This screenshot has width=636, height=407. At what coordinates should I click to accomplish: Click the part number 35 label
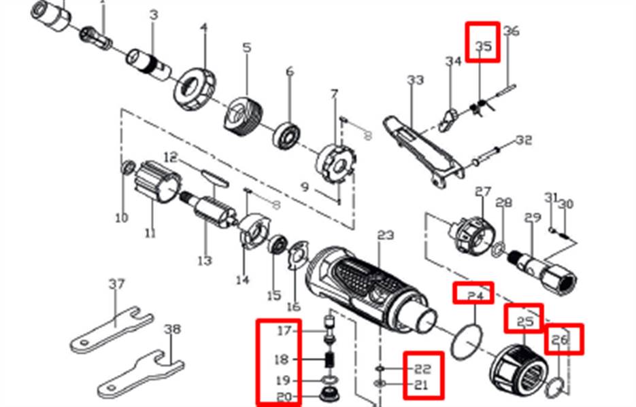coord(483,46)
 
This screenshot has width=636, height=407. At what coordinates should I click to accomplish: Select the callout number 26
coord(559,339)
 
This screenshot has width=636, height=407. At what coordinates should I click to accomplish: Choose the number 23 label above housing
coord(386,235)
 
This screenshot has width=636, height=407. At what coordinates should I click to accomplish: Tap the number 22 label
coord(422,369)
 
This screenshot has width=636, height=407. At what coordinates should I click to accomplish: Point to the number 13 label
coord(204,260)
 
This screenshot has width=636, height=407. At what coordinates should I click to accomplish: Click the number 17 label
coord(284,332)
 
